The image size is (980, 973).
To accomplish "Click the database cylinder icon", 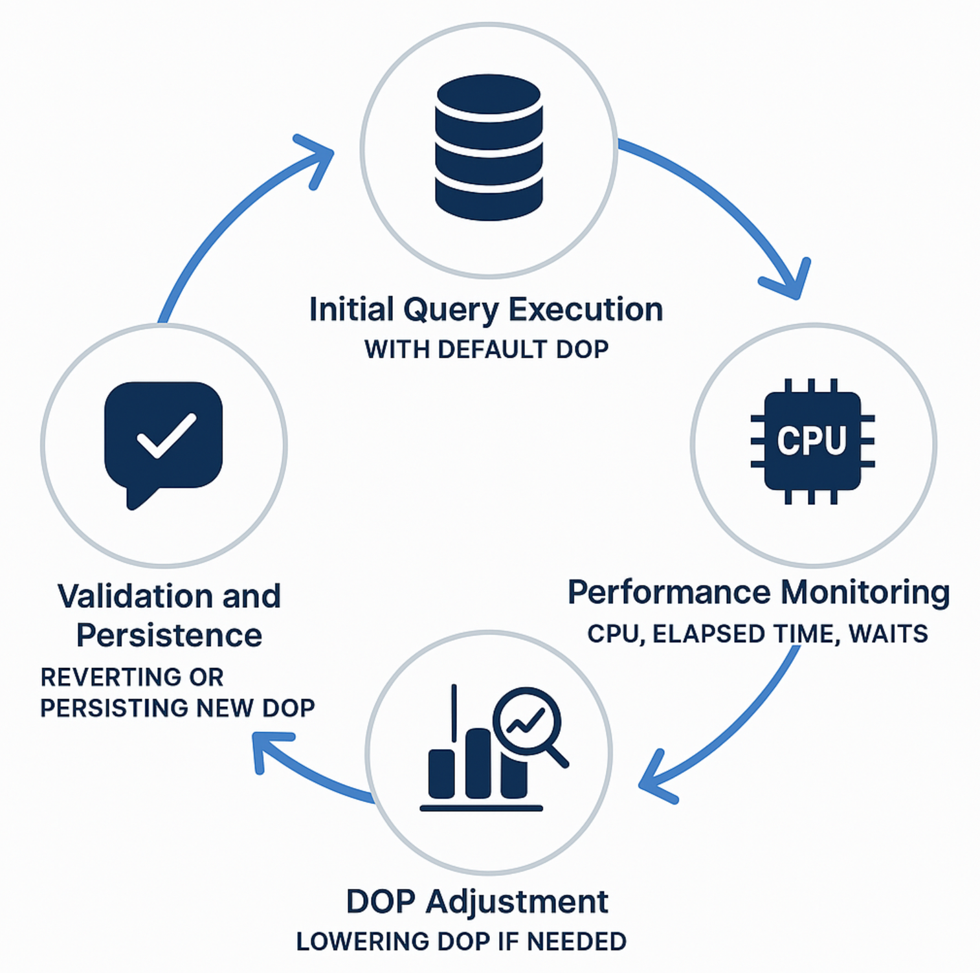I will (489, 148).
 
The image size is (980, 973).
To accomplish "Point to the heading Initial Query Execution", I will (486, 309).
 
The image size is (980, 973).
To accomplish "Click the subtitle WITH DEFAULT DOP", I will (486, 350).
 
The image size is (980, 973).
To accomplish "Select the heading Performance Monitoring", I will (759, 592).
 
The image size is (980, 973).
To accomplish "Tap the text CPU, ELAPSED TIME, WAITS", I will (757, 634).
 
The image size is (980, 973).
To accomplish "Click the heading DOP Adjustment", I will (477, 901).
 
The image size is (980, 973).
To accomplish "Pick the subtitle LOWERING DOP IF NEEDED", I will (461, 941).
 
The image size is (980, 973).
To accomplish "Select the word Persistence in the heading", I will (169, 635).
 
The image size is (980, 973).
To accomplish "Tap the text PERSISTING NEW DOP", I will (177, 708).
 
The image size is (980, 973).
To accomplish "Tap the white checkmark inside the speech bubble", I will (166, 436).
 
